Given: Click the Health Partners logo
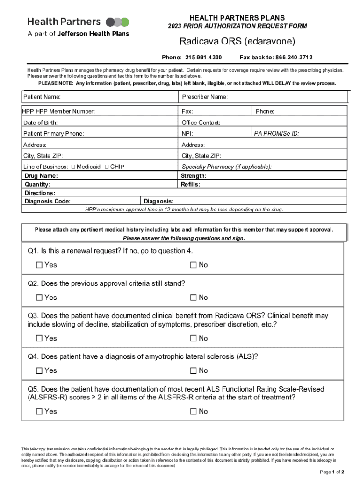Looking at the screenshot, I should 78,27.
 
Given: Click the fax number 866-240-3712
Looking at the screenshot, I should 289,58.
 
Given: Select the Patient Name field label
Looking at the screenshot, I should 42,97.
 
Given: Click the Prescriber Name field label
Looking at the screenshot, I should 204,97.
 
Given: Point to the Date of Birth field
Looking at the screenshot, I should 41,123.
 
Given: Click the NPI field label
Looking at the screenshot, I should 187,134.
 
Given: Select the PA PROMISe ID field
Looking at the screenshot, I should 277,134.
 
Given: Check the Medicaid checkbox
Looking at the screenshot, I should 73,167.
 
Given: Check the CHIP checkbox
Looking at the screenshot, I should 107,167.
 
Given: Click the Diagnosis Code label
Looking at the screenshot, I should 48,202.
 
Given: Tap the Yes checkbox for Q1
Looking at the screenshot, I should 39,265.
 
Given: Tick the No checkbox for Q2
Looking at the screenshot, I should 193,298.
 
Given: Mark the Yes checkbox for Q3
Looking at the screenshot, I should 39,338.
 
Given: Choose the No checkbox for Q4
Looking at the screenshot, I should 193,371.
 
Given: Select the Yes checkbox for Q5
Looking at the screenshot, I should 39,412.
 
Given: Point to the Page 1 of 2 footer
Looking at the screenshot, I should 332,472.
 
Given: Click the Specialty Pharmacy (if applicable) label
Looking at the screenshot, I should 226,167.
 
